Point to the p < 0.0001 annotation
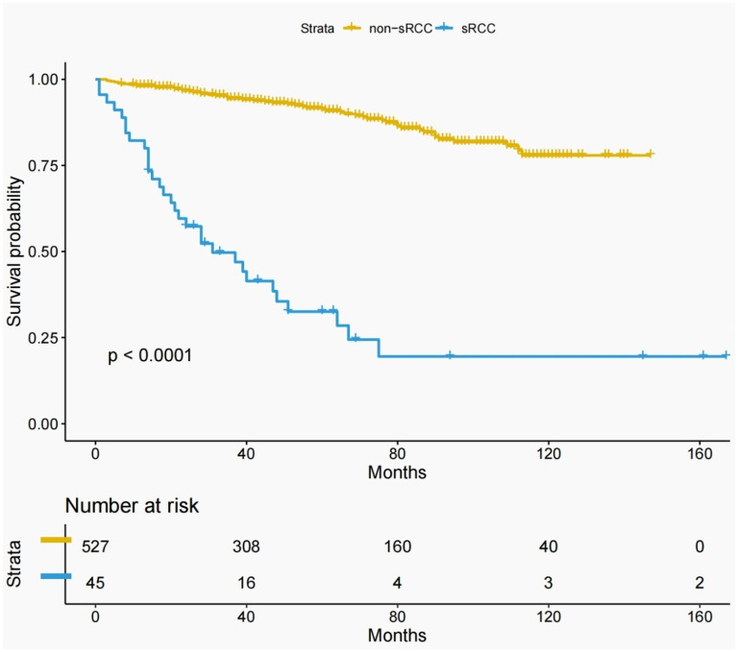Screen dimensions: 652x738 [149, 356]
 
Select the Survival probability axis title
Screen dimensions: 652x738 [14, 252]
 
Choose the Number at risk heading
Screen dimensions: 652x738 [131, 506]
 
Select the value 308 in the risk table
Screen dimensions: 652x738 [247, 546]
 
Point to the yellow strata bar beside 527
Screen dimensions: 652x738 [56, 540]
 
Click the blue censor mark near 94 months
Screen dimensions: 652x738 [450, 355]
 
